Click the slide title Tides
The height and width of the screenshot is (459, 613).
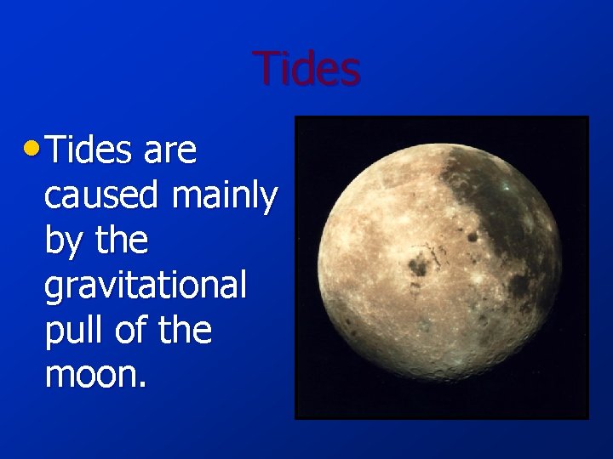[306, 69]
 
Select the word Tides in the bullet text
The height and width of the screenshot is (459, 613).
[90, 151]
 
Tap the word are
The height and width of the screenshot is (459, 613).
[170, 151]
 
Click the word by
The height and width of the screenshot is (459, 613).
[61, 242]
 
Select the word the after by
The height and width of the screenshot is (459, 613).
[121, 241]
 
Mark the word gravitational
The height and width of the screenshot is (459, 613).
[145, 286]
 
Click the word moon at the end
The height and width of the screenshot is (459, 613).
[92, 375]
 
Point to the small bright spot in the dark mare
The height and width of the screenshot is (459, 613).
[505, 186]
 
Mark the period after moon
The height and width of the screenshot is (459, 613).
[144, 384]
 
